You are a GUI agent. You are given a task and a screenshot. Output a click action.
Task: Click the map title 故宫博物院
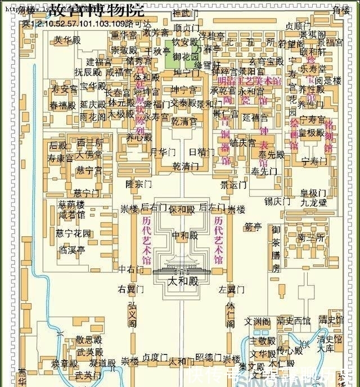point(96,10)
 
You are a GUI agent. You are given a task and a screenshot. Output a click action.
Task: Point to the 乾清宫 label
point(184,121)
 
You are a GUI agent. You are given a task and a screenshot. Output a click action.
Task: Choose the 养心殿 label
point(138,137)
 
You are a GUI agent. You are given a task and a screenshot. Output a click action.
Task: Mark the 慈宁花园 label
point(73,233)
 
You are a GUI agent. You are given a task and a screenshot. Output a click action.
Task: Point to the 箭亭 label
point(253,227)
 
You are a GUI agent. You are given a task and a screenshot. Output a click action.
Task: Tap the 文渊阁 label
point(257,322)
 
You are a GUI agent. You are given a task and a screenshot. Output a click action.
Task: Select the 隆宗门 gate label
point(138,184)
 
